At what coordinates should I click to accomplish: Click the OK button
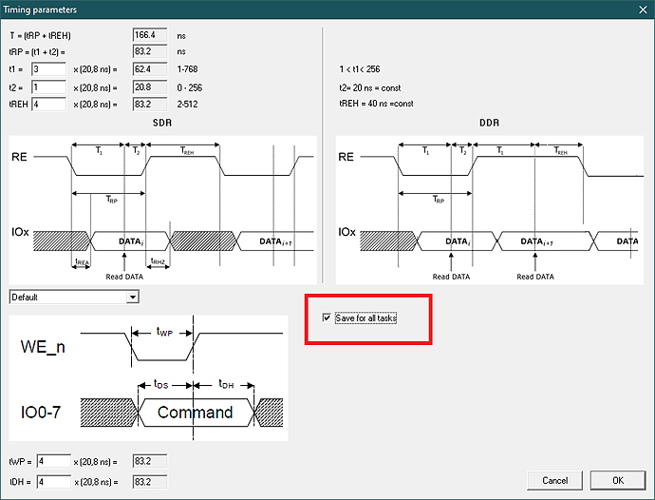(x=618, y=480)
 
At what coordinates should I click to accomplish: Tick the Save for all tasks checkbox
(x=327, y=318)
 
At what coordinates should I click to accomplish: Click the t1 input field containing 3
(x=48, y=69)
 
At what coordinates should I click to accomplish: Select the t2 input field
(x=48, y=87)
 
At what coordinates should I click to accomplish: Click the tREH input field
(x=48, y=105)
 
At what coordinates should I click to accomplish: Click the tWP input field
(x=54, y=461)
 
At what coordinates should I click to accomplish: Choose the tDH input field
(x=54, y=482)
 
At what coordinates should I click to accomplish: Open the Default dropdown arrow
(x=133, y=298)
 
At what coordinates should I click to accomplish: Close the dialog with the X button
(x=643, y=10)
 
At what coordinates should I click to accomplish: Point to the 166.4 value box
(x=150, y=35)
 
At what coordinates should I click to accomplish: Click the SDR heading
(x=162, y=123)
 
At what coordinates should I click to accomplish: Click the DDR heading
(x=489, y=123)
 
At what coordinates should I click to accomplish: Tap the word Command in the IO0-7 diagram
(x=196, y=413)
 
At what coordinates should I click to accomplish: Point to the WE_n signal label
(x=43, y=347)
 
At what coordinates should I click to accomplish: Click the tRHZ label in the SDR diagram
(x=158, y=261)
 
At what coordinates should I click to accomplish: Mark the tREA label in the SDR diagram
(x=82, y=262)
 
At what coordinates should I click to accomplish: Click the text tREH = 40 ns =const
(x=376, y=104)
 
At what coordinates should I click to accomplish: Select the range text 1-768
(x=188, y=69)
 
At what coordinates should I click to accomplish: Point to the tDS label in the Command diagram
(x=160, y=384)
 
